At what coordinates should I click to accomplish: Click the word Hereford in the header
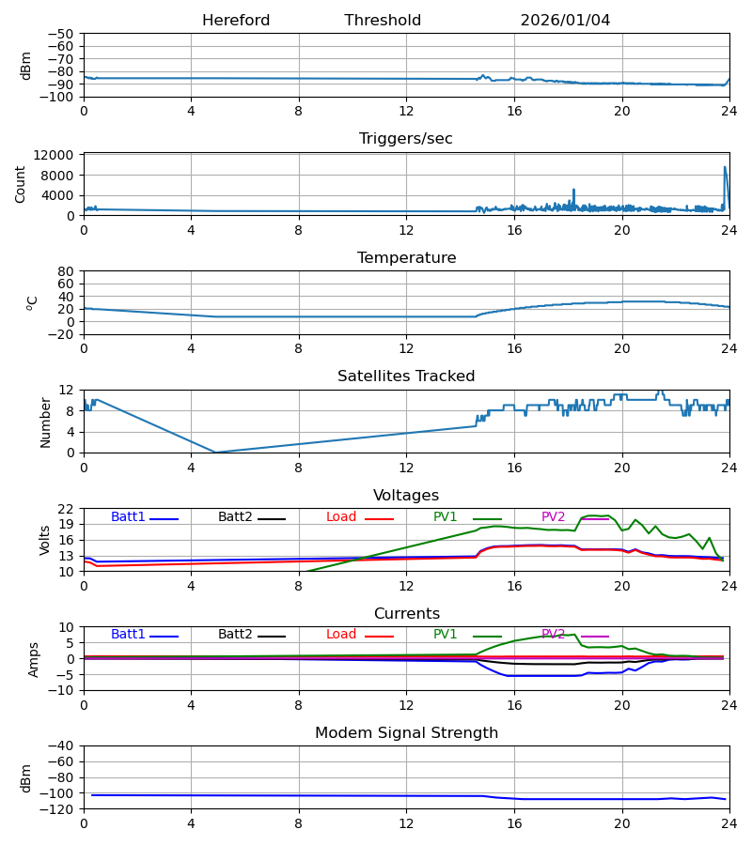pos(236,21)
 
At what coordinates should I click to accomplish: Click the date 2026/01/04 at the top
pos(565,21)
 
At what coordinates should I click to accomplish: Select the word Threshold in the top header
pos(383,21)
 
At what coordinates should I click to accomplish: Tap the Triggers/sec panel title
pos(406,139)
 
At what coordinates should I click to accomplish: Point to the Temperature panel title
pos(406,258)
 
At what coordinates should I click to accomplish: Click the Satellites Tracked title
pos(406,376)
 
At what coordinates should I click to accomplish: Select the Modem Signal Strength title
pos(406,733)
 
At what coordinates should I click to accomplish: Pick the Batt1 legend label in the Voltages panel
pos(128,517)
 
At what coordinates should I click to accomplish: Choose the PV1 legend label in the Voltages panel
pos(446,517)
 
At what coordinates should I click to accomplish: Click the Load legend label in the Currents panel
pos(341,635)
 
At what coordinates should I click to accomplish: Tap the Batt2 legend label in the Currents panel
pos(236,635)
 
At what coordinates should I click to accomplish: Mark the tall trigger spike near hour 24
pos(725,169)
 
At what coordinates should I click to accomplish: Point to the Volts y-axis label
pos(45,540)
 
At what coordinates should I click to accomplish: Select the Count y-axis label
pos(21,184)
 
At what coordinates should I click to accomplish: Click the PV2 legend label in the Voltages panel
pos(554,517)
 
